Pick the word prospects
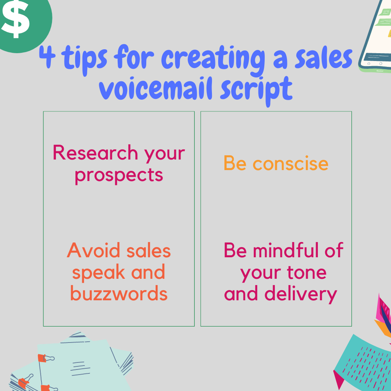coord(118,175)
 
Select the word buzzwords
coord(119,293)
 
